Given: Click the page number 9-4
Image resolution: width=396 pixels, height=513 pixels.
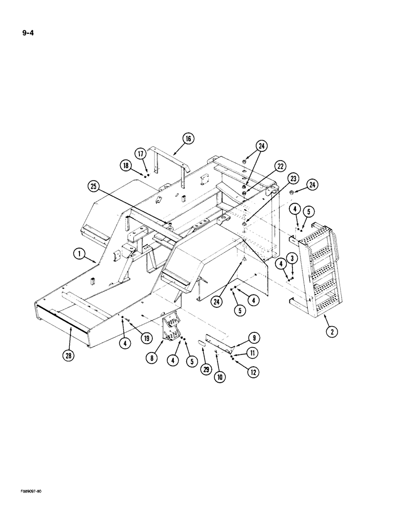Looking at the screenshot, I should (x=28, y=35).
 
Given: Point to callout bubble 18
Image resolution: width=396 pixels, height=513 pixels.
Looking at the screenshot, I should (x=127, y=165).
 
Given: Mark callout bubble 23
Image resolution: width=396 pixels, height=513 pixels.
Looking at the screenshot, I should (x=293, y=179).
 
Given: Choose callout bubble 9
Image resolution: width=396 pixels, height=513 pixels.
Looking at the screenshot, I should (x=255, y=337).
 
